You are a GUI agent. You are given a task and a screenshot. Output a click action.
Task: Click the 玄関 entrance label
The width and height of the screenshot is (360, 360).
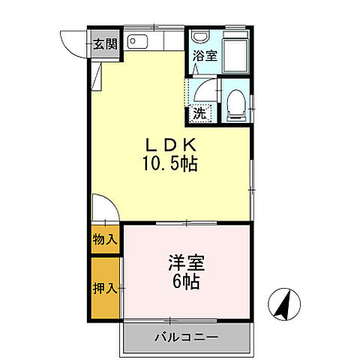[x=105, y=43]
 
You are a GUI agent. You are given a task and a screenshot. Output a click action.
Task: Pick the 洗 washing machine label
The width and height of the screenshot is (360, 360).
[x=199, y=113]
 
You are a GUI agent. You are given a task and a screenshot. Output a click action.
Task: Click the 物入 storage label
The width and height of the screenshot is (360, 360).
[x=105, y=240]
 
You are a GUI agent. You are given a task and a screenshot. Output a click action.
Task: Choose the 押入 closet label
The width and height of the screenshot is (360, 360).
[x=105, y=287]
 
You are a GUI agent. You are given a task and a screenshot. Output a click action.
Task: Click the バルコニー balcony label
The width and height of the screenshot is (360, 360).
[x=187, y=337]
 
